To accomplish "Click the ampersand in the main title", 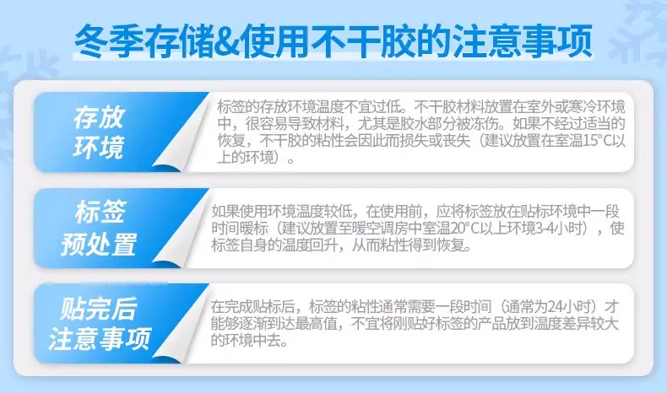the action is click(225, 41).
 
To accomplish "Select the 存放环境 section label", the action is click(99, 132).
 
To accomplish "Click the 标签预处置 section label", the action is click(99, 228).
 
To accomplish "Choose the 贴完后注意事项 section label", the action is click(99, 323).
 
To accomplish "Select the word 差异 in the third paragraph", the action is click(576, 324).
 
